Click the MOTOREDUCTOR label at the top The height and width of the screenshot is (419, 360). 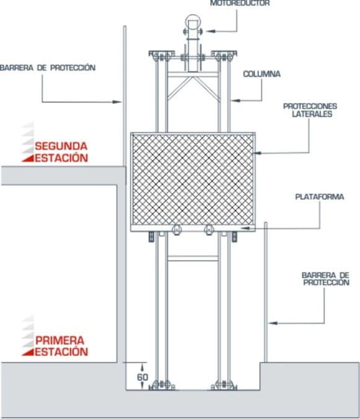(x=240, y=3)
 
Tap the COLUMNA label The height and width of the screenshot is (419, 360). (x=261, y=74)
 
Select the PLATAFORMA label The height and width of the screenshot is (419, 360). (x=319, y=197)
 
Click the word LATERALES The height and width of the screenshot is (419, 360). (x=312, y=114)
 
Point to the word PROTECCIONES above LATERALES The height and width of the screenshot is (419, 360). (x=310, y=106)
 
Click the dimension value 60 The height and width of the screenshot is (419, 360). (x=143, y=377)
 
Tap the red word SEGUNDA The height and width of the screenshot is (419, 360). (x=61, y=146)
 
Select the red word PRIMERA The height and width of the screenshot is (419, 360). (x=59, y=340)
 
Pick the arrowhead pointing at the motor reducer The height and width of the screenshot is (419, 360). (x=211, y=31)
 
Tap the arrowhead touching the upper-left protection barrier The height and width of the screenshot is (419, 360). (x=117, y=102)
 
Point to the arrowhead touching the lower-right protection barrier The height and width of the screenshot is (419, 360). (x=273, y=323)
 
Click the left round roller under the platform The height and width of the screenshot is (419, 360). (x=177, y=230)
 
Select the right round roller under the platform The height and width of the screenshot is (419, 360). (x=209, y=230)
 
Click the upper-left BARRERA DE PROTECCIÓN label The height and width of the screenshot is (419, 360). (x=48, y=67)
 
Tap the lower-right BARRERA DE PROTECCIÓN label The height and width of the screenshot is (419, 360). (x=326, y=279)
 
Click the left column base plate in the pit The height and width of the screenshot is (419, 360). (x=162, y=386)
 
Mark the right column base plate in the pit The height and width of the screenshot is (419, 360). (x=224, y=386)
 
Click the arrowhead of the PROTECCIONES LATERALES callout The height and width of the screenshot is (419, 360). (x=257, y=153)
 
